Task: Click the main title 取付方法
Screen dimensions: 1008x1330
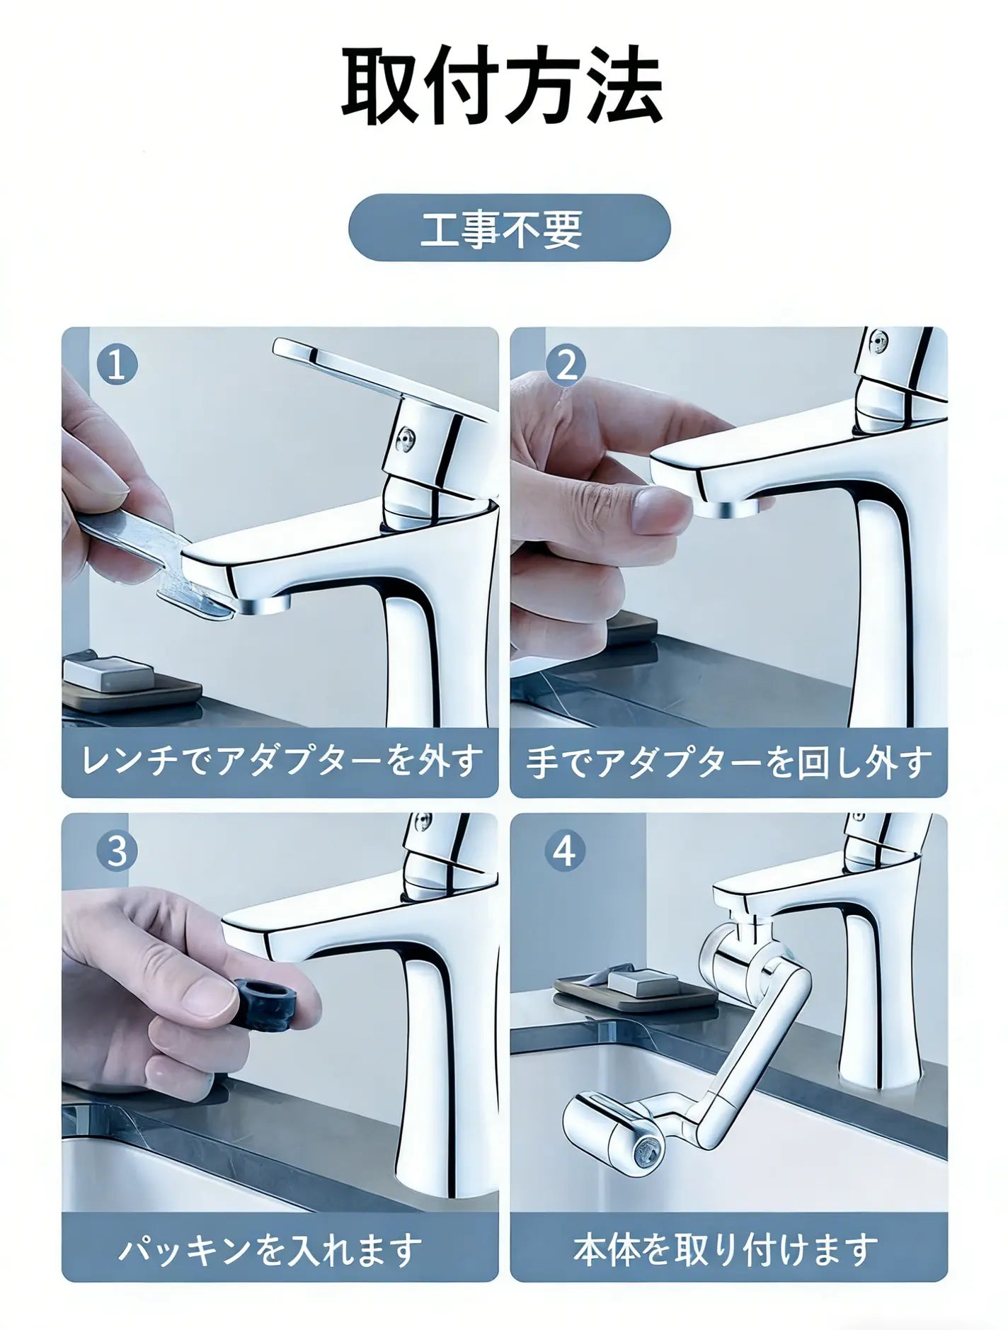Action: tap(503, 86)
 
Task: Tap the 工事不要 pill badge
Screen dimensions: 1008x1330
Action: tap(509, 228)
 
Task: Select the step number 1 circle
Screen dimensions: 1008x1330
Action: tap(118, 365)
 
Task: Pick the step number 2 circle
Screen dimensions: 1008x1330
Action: tap(566, 365)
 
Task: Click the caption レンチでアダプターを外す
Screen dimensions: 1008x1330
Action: tap(282, 762)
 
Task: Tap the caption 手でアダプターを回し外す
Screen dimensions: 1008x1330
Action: tap(729, 762)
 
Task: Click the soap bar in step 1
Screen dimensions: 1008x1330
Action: tap(108, 673)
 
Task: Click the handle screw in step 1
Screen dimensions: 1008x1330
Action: tap(406, 438)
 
